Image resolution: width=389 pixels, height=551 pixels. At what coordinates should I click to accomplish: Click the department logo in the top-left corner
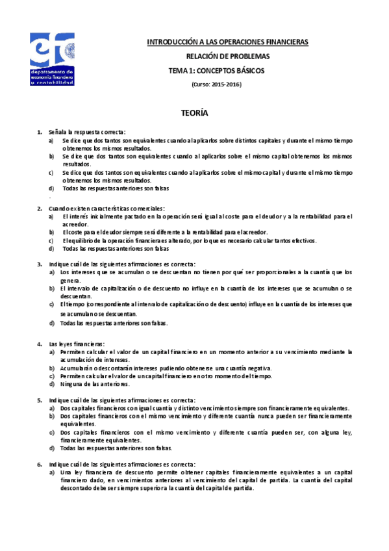[52, 59]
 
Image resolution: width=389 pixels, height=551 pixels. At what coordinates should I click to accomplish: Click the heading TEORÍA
[194, 113]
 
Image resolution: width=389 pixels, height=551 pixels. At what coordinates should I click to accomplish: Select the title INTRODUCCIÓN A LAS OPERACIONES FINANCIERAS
[227, 42]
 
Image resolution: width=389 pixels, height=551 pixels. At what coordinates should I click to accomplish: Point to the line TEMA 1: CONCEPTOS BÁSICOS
[217, 71]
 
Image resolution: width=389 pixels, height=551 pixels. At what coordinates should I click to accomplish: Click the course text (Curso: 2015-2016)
[216, 85]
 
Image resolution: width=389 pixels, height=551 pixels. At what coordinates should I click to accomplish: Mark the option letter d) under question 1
[51, 188]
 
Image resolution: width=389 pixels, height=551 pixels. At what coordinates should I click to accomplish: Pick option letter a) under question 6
[52, 472]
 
